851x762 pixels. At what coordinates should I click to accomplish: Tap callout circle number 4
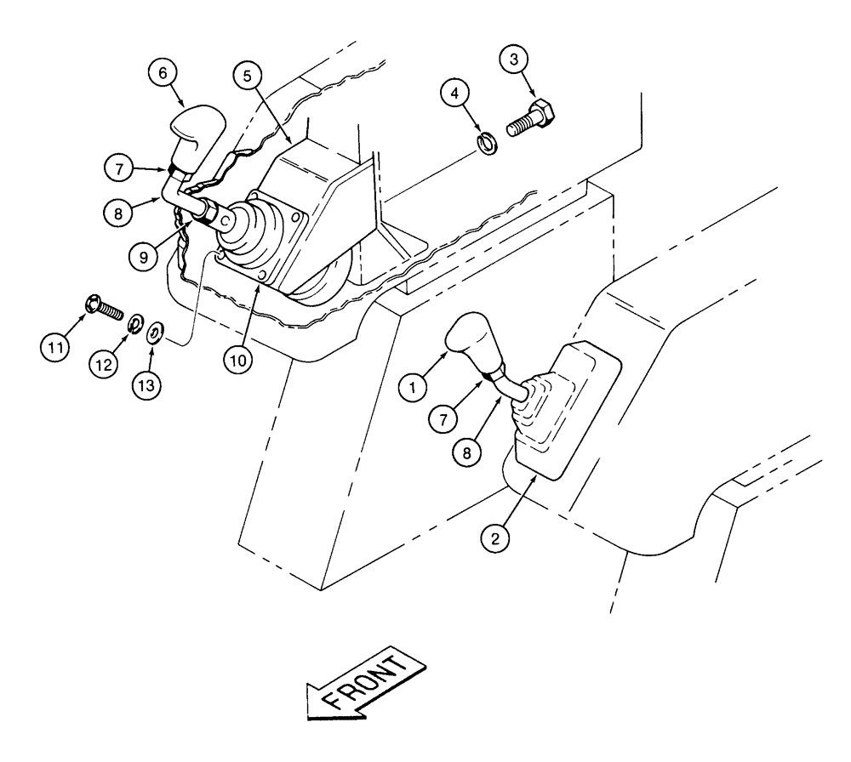(x=460, y=91)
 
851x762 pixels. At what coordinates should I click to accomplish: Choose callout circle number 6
(x=162, y=73)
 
